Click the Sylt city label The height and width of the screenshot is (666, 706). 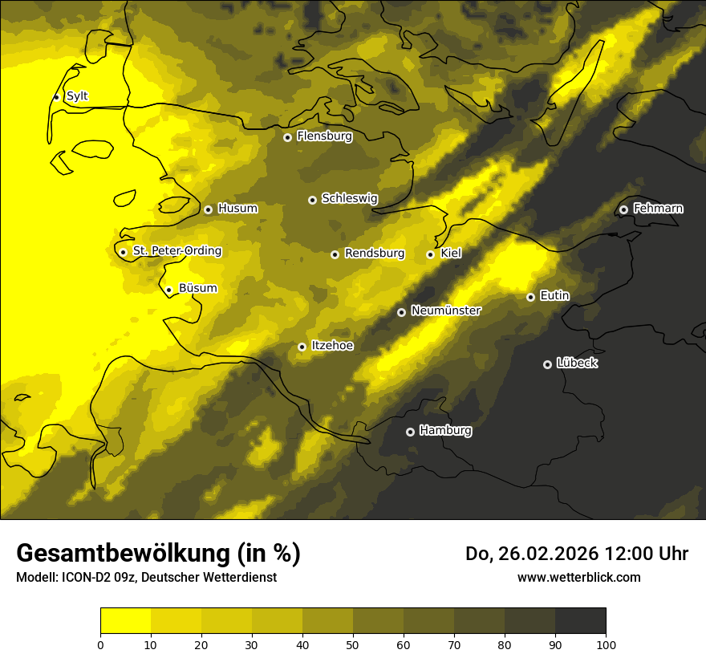tap(77, 96)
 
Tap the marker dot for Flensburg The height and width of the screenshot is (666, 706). tap(287, 137)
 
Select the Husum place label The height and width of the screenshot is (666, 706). tap(237, 209)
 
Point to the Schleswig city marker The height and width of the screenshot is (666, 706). tap(312, 200)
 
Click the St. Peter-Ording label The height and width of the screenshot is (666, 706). tap(176, 251)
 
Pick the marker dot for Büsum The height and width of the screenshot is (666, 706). tap(168, 290)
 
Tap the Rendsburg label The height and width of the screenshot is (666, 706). tap(374, 254)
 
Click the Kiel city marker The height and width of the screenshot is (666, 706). tap(430, 254)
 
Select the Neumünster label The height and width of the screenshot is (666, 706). tap(445, 311)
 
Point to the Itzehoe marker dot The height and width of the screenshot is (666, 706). tap(302, 347)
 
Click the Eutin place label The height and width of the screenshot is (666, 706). tap(554, 296)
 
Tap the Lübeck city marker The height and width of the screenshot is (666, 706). tap(547, 364)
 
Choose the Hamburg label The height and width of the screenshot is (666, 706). tap(445, 431)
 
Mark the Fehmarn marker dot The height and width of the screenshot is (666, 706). tap(623, 209)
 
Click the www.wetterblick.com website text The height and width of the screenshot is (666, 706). tap(578, 577)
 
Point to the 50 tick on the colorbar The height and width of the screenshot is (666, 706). tap(353, 644)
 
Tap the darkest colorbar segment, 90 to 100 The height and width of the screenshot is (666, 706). tap(580, 620)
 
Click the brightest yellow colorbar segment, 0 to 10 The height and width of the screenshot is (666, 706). tap(125, 620)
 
